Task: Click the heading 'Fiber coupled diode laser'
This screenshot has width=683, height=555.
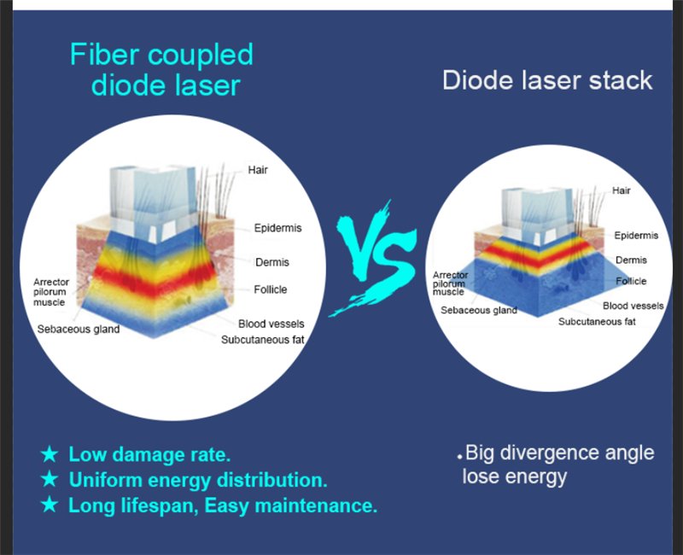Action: pos(161,70)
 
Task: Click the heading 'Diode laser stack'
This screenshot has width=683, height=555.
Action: pos(547,81)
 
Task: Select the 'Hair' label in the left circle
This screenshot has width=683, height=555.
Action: pos(258,170)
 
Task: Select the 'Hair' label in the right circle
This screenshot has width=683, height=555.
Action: pos(622,190)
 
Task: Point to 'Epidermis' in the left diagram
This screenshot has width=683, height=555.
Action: pos(277,229)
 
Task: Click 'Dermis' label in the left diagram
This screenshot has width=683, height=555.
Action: pos(271,262)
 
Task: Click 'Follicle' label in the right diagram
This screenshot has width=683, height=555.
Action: pos(631,281)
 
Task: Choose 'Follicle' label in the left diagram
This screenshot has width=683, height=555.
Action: pos(270,289)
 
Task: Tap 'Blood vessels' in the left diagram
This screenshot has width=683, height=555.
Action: pos(271,324)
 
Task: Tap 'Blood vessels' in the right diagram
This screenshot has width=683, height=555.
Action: pos(633,306)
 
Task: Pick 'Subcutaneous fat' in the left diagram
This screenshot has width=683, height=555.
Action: pos(262,340)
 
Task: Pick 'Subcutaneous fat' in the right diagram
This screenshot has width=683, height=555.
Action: pos(597,322)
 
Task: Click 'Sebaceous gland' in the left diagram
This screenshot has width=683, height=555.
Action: pos(79,329)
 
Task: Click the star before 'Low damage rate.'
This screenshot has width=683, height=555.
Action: pos(50,454)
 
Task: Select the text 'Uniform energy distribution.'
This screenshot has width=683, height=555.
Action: pos(198,480)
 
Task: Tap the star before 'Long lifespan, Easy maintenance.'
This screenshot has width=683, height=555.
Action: pos(50,505)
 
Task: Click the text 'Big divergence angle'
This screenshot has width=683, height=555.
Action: pos(560,453)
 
